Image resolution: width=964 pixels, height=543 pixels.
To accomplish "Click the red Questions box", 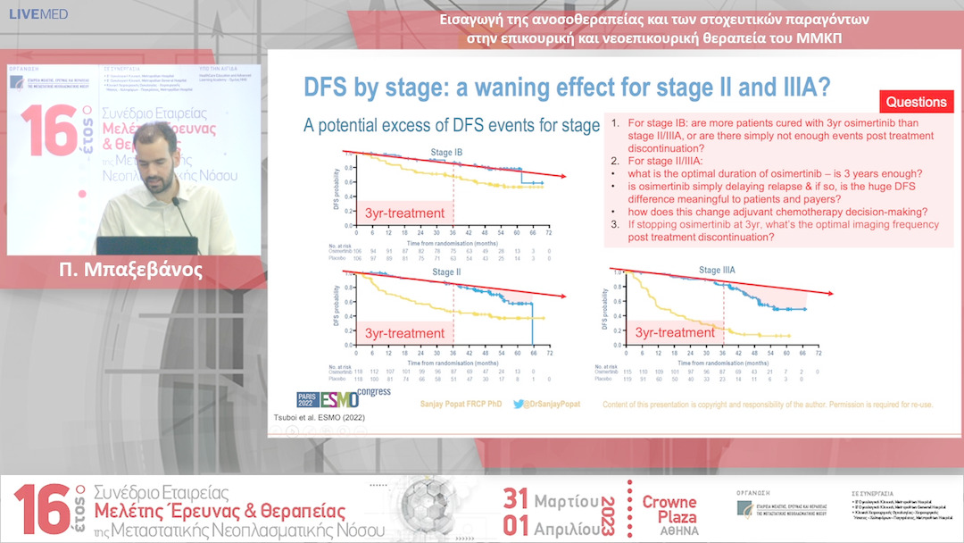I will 916,102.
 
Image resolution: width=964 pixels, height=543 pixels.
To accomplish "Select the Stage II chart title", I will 446,271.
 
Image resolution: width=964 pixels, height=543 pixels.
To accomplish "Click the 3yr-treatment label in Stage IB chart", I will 404,213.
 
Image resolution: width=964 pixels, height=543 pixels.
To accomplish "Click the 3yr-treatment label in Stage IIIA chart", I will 675,333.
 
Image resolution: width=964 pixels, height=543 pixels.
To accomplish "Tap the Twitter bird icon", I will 519,404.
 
